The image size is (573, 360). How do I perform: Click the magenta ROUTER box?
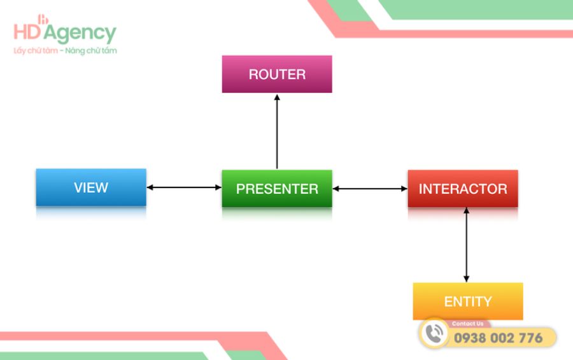click(x=277, y=74)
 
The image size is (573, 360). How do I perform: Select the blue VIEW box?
click(x=91, y=187)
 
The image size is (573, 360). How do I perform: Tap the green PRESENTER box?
click(x=277, y=189)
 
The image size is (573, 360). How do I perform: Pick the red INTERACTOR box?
click(x=463, y=189)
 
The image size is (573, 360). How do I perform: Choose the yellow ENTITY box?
click(x=468, y=301)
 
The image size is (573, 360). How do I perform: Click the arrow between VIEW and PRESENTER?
click(x=184, y=187)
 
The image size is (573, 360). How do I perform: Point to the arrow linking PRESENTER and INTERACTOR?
click(x=370, y=189)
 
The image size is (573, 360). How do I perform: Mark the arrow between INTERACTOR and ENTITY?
click(x=466, y=245)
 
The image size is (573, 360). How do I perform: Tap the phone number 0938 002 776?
click(x=499, y=338)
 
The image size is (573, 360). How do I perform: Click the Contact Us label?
click(x=468, y=324)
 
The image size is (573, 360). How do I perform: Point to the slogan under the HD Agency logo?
click(x=65, y=50)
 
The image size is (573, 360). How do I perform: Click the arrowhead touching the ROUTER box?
click(x=277, y=97)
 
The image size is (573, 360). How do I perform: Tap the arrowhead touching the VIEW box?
click(x=151, y=187)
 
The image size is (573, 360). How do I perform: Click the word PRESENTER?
click(x=277, y=189)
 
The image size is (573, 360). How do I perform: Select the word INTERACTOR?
click(x=463, y=189)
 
